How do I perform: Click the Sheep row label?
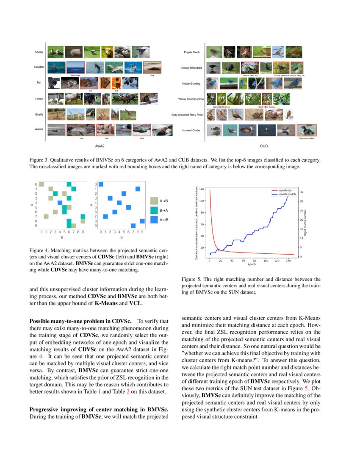pos(39,52)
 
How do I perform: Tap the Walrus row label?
pos(39,129)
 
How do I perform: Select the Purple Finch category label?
pos(191,52)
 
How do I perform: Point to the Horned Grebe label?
pos(191,130)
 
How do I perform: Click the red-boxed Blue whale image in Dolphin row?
pos(76,67)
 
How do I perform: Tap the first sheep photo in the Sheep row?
pos(55,52)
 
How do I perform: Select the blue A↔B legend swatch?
pos(154,219)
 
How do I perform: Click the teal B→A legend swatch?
pos(154,210)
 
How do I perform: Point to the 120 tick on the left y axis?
pos(202,189)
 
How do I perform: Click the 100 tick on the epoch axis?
pos(266,261)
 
